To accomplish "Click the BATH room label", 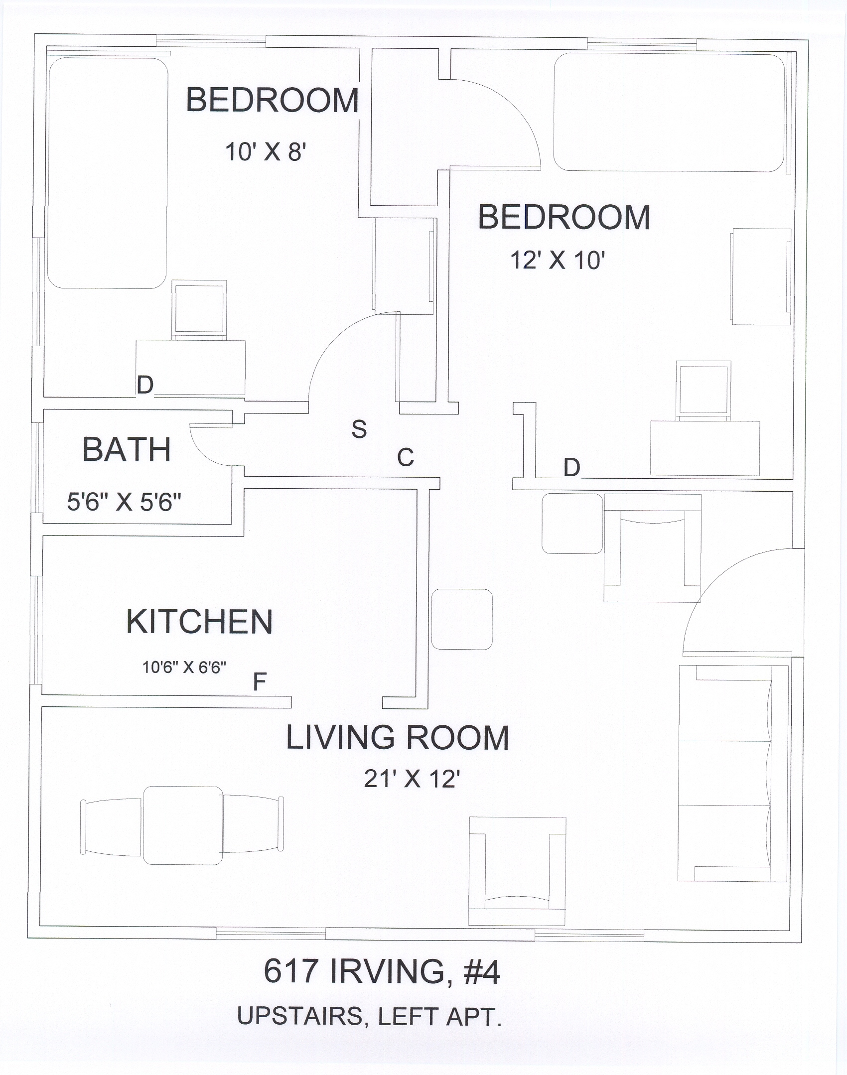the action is pos(127,449).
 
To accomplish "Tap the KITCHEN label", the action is pos(199,622).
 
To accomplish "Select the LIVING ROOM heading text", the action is pos(397,738).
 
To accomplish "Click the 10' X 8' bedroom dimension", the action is pos(265,151).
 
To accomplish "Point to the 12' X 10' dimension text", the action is pos(558,260).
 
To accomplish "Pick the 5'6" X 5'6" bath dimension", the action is pos(124,502).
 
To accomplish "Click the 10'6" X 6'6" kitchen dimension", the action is pos(184,667).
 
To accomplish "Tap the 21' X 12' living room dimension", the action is pos(411,779).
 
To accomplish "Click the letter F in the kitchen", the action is pos(260,682).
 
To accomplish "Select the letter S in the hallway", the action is pos(359,429).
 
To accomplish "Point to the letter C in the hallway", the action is pos(406,457).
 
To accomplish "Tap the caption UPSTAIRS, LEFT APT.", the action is pos(369,1016).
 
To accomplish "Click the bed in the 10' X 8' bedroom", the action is pos(107,173).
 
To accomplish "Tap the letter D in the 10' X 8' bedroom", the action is pos(145,385).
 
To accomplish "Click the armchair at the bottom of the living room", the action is pos(517,871).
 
